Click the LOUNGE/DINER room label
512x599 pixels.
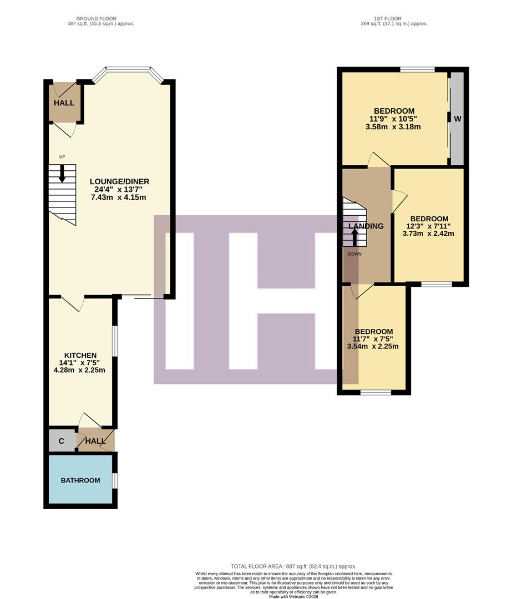click(120, 181)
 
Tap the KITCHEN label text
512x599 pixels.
click(80, 356)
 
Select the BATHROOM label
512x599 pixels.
click(80, 480)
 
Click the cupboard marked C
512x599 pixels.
click(61, 441)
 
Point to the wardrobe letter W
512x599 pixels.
click(458, 119)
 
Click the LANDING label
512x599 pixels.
click(366, 226)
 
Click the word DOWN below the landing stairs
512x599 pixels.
click(355, 254)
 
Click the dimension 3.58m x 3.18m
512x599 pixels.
click(393, 127)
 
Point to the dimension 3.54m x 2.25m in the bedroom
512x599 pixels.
click(374, 347)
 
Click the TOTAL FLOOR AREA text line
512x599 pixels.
click(294, 566)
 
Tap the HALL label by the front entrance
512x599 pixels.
click(64, 103)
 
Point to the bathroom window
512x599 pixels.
click(114, 480)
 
